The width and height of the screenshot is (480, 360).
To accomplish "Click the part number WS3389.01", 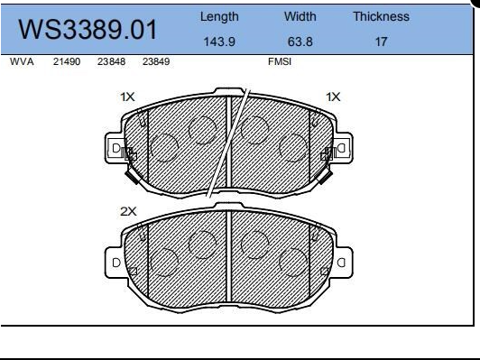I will point(88,31).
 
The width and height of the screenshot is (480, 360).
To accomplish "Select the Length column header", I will point(218,16).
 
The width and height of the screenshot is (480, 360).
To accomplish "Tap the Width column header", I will point(300,16).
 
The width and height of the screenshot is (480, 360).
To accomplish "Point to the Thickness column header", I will point(380,16).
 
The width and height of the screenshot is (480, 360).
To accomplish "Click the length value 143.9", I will point(218,41).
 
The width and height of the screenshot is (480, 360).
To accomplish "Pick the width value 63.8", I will point(300,41).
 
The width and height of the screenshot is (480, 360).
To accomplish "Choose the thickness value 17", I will point(380,41).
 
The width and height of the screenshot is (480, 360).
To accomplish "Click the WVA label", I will point(21,63).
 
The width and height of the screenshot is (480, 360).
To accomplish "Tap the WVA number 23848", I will point(111,63).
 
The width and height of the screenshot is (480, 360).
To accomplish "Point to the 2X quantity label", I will point(128,210).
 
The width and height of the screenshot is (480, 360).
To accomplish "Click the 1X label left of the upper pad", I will point(127,96).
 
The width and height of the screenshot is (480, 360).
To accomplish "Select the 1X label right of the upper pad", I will point(333,96).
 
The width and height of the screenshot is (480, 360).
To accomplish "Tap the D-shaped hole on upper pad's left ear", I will point(115,149).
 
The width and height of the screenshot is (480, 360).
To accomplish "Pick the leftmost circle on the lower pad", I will point(163,263).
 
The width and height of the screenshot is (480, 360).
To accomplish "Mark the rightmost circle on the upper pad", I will point(293,146).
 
